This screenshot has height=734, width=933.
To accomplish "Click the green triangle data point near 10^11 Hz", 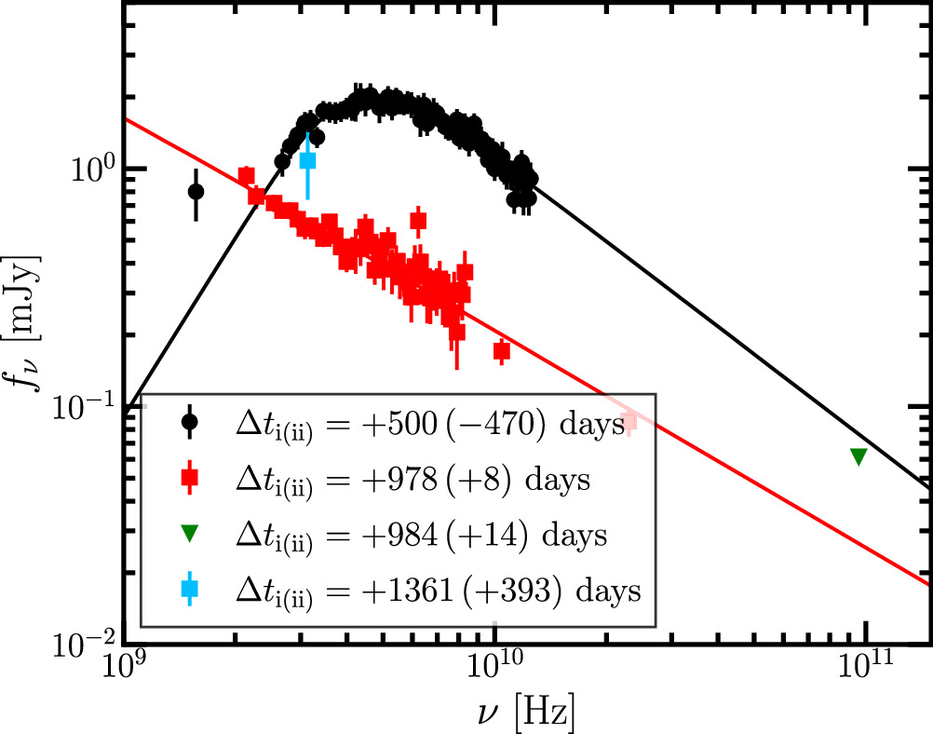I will click(x=859, y=456).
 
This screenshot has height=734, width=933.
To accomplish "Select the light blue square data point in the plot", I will click(x=307, y=160).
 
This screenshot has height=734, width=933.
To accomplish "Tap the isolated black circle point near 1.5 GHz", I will click(x=196, y=192).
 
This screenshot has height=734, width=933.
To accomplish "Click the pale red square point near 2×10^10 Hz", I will click(x=629, y=422).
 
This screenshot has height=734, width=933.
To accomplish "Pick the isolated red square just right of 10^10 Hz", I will click(x=502, y=351).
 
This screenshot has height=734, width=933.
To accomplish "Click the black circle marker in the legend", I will click(x=189, y=425).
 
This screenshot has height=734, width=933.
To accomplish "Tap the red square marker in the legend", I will click(x=189, y=480).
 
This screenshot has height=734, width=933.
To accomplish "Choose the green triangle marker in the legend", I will click(x=189, y=535).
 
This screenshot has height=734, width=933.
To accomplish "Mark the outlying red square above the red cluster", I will click(x=418, y=221).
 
